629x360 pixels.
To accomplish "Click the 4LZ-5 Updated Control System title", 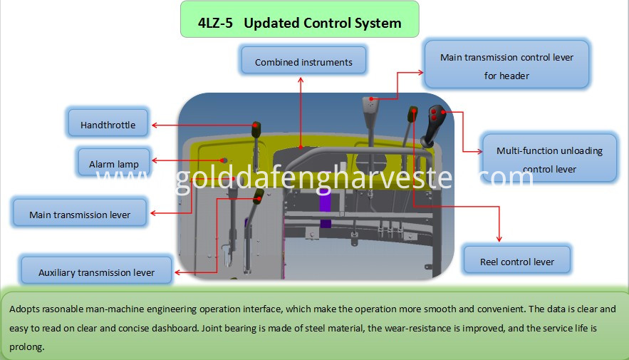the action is coord(300,23).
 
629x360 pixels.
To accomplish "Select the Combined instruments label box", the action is coord(303,60).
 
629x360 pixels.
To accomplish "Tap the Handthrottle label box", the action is coord(108,123).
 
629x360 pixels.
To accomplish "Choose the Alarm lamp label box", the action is coord(114,163).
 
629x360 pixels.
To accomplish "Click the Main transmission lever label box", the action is coord(80,212).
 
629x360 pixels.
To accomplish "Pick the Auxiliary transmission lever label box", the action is coord(96,270).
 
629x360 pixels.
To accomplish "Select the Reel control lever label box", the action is coord(517,259).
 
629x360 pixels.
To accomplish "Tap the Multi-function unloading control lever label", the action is coord(549,158).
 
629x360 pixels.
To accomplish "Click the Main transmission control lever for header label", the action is coord(506,64).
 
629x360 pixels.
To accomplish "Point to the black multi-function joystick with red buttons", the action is coord(434,125).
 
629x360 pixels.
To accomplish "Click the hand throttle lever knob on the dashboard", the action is coord(256,130).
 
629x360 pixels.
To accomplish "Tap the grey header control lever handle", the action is coord(371,108).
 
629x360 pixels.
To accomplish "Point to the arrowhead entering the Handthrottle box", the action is coord(155,125).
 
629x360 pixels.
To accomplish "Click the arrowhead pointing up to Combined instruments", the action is coord(301,80).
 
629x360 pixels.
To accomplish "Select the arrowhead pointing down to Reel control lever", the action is coord(499,239).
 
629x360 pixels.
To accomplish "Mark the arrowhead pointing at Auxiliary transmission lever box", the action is coord(177,272).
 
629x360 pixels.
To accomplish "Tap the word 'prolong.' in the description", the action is coord(26,346).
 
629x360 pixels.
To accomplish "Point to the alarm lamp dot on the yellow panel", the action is coord(224,160).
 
